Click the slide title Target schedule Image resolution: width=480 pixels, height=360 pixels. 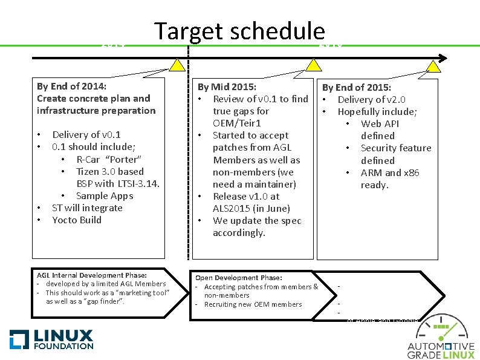coord(239,32)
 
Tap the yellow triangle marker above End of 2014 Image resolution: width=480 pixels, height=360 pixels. coord(177,65)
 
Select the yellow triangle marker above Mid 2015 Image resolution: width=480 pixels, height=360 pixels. coord(313,65)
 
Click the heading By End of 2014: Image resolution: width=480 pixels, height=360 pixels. coord(71,86)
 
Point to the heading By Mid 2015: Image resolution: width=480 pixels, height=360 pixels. coord(227,87)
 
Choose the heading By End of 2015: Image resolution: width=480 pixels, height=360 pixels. coord(356,88)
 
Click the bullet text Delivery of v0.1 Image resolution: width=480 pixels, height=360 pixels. coord(86,135)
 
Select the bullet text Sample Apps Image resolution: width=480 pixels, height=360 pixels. coord(105,195)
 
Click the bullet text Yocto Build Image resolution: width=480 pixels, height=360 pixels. coord(77,220)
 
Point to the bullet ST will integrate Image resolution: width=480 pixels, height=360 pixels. coord(87,208)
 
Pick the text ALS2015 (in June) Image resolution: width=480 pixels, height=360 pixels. coord(251,208)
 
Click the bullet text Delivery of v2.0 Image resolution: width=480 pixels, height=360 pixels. coord(371,99)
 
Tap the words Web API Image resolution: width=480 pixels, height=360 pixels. coord(380,123)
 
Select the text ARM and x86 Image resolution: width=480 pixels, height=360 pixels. coord(390,172)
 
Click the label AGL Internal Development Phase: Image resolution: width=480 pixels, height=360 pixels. coord(92,274)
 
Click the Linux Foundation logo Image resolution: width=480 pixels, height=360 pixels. coord(52,338)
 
